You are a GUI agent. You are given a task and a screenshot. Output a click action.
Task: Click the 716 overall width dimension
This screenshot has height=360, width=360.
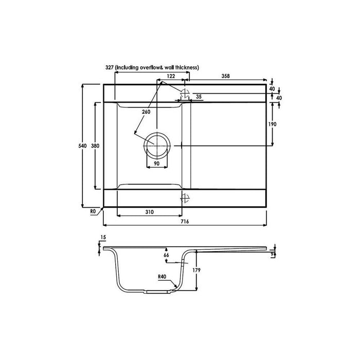click(x=185, y=222)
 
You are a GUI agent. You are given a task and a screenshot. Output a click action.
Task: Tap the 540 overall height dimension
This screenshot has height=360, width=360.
click(x=83, y=146)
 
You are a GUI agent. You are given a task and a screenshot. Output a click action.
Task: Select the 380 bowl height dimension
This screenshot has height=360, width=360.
click(x=95, y=146)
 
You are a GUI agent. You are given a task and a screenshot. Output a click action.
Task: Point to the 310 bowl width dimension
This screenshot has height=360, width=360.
click(x=150, y=212)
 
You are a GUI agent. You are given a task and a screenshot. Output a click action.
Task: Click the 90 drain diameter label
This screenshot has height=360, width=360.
click(x=156, y=164)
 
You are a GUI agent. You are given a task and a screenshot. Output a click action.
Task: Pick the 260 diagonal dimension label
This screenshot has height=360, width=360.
click(x=146, y=112)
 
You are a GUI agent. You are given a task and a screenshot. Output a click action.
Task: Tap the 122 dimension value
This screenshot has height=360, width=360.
click(x=171, y=76)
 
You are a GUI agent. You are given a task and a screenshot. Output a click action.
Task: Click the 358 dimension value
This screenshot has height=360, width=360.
click(x=225, y=76)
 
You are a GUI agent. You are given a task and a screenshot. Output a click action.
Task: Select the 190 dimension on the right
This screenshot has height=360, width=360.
click(x=273, y=124)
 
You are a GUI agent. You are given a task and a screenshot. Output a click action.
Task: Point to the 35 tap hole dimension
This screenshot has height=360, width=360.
click(x=199, y=97)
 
